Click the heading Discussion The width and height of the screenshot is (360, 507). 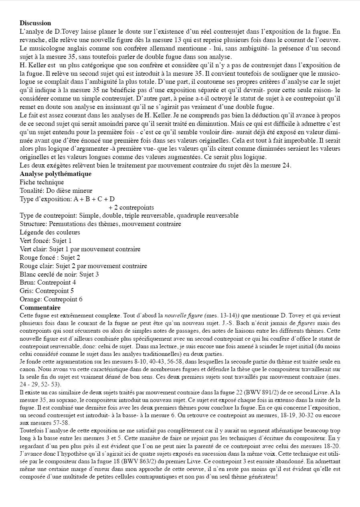[x=35, y=23]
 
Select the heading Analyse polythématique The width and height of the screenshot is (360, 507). [x=55, y=174]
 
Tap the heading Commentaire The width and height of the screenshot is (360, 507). [x=40, y=308]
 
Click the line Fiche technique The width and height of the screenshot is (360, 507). [x=42, y=182]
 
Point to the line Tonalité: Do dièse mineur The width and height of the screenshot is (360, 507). [x=56, y=191]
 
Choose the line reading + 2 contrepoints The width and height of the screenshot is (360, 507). [x=131, y=208]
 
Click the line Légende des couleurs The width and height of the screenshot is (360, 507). [x=50, y=232]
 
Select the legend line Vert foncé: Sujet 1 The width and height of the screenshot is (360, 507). [x=46, y=241]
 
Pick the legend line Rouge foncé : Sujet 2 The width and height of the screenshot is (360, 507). [x=50, y=258]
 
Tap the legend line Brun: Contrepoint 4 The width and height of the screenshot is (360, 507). [x=48, y=283]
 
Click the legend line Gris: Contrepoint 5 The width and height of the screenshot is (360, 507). [x=47, y=291]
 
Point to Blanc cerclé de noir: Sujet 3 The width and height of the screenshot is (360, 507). [x=59, y=275]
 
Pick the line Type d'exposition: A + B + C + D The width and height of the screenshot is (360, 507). [x=67, y=199]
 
